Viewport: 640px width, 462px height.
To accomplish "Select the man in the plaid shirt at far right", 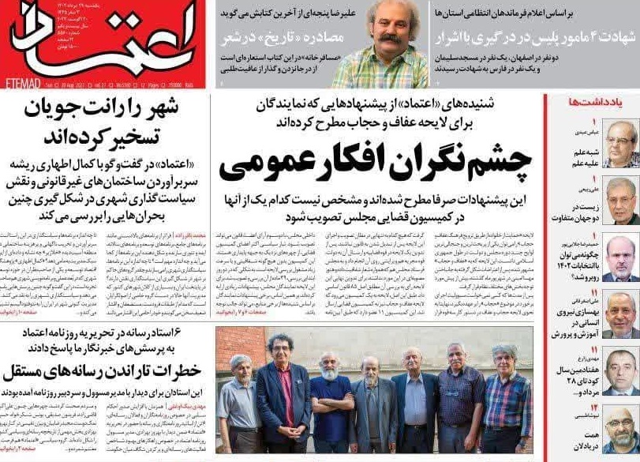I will (506, 403).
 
